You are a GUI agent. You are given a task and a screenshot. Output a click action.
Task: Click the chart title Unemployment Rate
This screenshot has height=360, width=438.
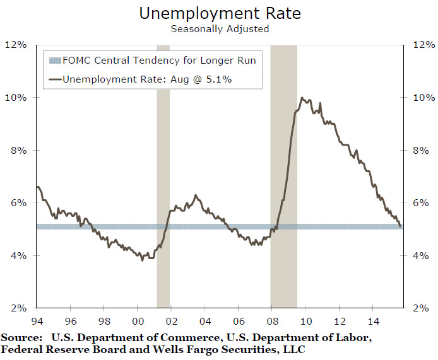click(219, 13)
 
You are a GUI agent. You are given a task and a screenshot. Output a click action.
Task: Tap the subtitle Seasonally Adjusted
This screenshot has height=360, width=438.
click(219, 28)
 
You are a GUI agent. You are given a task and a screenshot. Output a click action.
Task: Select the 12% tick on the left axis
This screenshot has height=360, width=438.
click(15, 45)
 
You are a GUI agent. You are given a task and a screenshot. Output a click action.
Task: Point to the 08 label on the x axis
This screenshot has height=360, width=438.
click(271, 319)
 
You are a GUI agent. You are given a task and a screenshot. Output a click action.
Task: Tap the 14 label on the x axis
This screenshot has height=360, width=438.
click(372, 319)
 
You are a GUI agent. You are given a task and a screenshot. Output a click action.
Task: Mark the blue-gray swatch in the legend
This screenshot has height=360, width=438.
click(54, 61)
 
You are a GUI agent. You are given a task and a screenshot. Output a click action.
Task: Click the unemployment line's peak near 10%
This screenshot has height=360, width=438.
click(302, 98)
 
